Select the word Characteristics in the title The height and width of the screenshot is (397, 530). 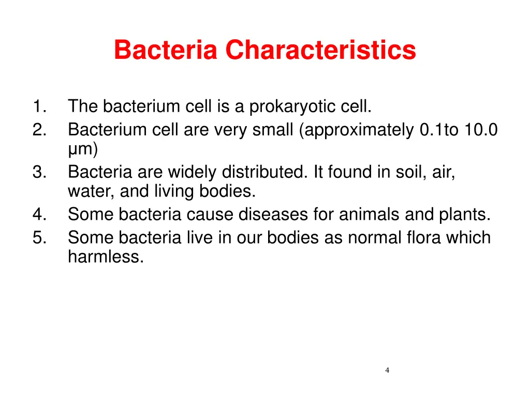[320, 50]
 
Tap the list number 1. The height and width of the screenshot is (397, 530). [39, 107]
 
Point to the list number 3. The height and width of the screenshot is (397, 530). [39, 172]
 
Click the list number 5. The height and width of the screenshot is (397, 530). [39, 237]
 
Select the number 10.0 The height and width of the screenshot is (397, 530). [481, 129]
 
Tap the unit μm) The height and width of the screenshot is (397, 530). [82, 149]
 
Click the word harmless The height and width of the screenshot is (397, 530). [105, 257]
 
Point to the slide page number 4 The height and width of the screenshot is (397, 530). [388, 370]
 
